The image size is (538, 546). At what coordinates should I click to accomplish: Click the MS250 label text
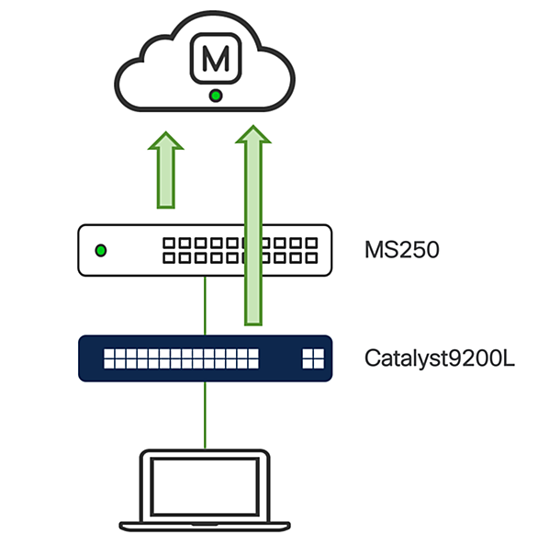coord(402,250)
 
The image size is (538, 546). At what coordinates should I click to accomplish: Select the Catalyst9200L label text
coord(440,358)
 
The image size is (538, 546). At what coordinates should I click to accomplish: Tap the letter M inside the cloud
coord(216,59)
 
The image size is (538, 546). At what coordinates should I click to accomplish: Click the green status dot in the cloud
coord(216,96)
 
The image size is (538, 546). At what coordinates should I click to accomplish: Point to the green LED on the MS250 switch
coord(101,250)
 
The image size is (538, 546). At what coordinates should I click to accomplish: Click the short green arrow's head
coord(166,141)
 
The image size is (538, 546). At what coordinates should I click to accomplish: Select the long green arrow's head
coord(253,134)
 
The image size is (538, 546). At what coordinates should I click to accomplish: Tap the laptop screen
coord(205,486)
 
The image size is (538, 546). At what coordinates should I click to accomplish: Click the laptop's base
coord(205,526)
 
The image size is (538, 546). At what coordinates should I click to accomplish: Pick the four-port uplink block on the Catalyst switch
coord(313,358)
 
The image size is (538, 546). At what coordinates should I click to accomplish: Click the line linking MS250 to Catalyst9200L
coord(205,306)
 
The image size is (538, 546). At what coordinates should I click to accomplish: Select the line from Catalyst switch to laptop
coord(205,415)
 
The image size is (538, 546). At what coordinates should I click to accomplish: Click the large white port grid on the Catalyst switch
coord(181,358)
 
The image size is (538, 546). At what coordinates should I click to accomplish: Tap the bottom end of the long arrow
coord(253,324)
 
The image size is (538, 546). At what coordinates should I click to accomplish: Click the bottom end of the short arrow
coord(166,208)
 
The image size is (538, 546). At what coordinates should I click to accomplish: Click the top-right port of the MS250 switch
coord(311,243)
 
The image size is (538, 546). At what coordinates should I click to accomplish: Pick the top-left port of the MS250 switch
coord(169,243)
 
